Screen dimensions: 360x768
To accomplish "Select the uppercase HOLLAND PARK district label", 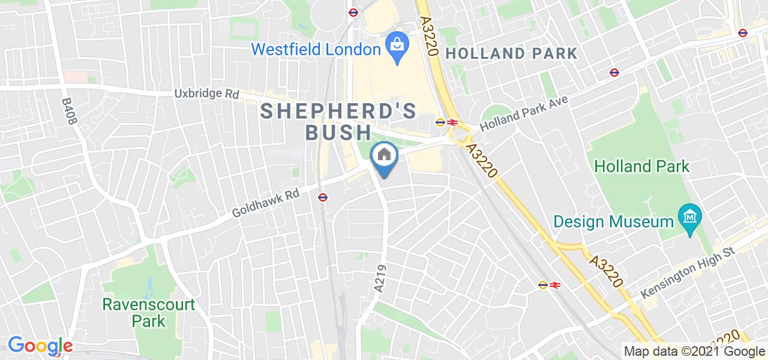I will (512, 53).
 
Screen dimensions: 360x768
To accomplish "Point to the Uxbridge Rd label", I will (206, 94).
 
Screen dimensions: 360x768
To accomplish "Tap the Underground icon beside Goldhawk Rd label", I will (323, 197).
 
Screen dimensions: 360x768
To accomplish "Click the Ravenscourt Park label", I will (149, 313).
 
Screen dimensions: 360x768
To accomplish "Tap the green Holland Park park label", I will (642, 166).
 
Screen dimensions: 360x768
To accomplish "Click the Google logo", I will (40, 346).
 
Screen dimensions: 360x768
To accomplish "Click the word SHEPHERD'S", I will (338, 111).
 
